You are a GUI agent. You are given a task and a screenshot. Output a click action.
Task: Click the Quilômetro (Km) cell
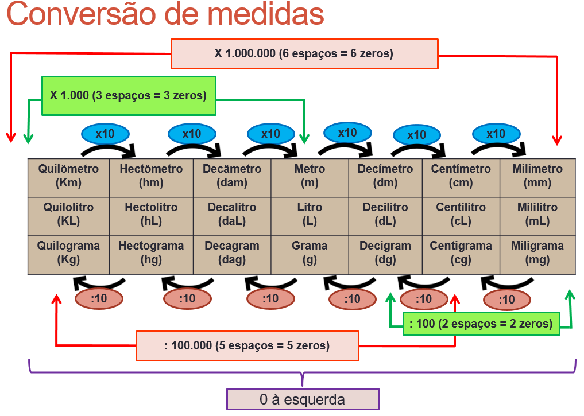pyautogui.click(x=68, y=178)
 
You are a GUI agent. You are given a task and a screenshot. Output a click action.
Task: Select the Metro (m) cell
pyautogui.click(x=310, y=178)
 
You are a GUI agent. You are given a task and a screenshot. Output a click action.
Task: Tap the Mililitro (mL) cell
pyautogui.click(x=537, y=216)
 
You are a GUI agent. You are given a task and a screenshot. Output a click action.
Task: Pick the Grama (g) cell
pyautogui.click(x=310, y=255)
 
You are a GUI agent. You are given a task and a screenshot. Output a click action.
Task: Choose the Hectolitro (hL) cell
pyautogui.click(x=151, y=216)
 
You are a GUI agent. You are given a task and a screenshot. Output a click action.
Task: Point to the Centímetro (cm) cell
pyautogui.click(x=461, y=178)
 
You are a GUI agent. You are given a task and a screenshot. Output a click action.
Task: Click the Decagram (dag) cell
pyautogui.click(x=232, y=255)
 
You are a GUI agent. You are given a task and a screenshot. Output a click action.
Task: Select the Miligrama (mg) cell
pyautogui.click(x=537, y=255)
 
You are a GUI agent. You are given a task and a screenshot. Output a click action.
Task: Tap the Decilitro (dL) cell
pyautogui.click(x=385, y=216)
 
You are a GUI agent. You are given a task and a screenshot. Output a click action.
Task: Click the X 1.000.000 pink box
pyautogui.click(x=304, y=54)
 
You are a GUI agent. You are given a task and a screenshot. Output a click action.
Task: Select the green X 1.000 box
pyautogui.click(x=129, y=96)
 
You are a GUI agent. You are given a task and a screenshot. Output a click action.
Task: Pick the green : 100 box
pyautogui.click(x=481, y=324)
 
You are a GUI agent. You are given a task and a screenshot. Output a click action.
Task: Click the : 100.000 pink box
pyautogui.click(x=247, y=345)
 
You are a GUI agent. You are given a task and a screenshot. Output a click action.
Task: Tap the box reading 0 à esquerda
pyautogui.click(x=303, y=399)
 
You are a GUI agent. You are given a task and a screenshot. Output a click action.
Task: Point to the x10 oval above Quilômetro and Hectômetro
pyautogui.click(x=106, y=134)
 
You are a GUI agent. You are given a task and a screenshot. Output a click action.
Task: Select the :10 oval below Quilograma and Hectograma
pyautogui.click(x=99, y=298)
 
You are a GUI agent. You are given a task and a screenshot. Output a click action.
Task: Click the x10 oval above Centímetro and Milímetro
pyautogui.click(x=496, y=134)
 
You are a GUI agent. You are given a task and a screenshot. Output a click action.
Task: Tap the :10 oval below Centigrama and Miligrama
pyautogui.click(x=507, y=300)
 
